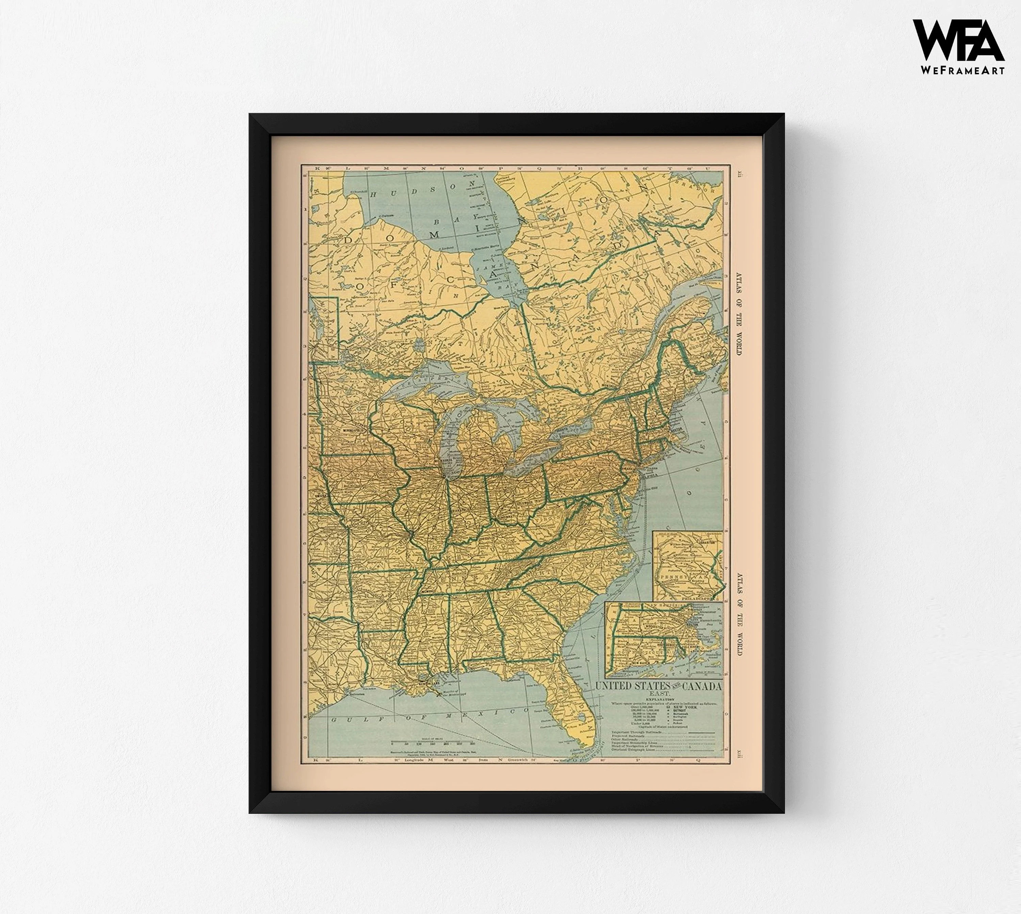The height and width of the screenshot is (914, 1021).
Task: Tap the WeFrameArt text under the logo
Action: point(962,71)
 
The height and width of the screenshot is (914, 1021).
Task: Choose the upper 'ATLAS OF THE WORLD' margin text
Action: point(739,314)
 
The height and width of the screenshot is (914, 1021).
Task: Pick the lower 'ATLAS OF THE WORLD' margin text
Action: point(739,614)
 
